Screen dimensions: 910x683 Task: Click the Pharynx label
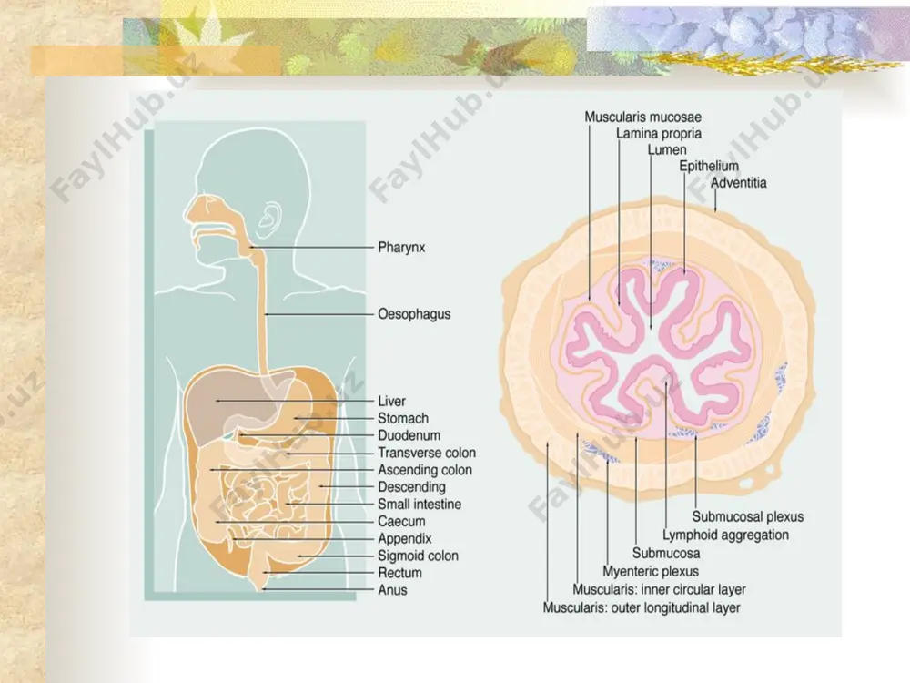coord(401,248)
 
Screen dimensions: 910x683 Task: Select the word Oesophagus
coord(414,314)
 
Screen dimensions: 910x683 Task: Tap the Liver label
coord(391,402)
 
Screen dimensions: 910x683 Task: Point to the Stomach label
coord(403,418)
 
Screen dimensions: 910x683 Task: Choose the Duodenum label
coord(409,435)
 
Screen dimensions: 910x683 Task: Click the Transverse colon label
coord(427,453)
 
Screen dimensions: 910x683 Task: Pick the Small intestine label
coord(420,505)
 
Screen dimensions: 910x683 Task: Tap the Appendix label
coord(405,539)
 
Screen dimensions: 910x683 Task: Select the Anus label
coord(392,590)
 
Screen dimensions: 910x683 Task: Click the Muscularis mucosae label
coord(643,117)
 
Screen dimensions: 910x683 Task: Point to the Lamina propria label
coord(659,134)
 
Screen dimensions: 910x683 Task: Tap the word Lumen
coord(667,150)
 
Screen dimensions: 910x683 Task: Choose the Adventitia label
coord(738,183)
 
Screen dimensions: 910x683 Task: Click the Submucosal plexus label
coord(747,517)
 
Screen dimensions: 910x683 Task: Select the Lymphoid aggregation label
coord(725,535)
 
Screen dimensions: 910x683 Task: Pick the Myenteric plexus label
coord(651,572)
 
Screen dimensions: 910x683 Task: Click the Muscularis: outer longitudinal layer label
coord(642,608)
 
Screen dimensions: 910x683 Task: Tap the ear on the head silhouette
coord(268,219)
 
